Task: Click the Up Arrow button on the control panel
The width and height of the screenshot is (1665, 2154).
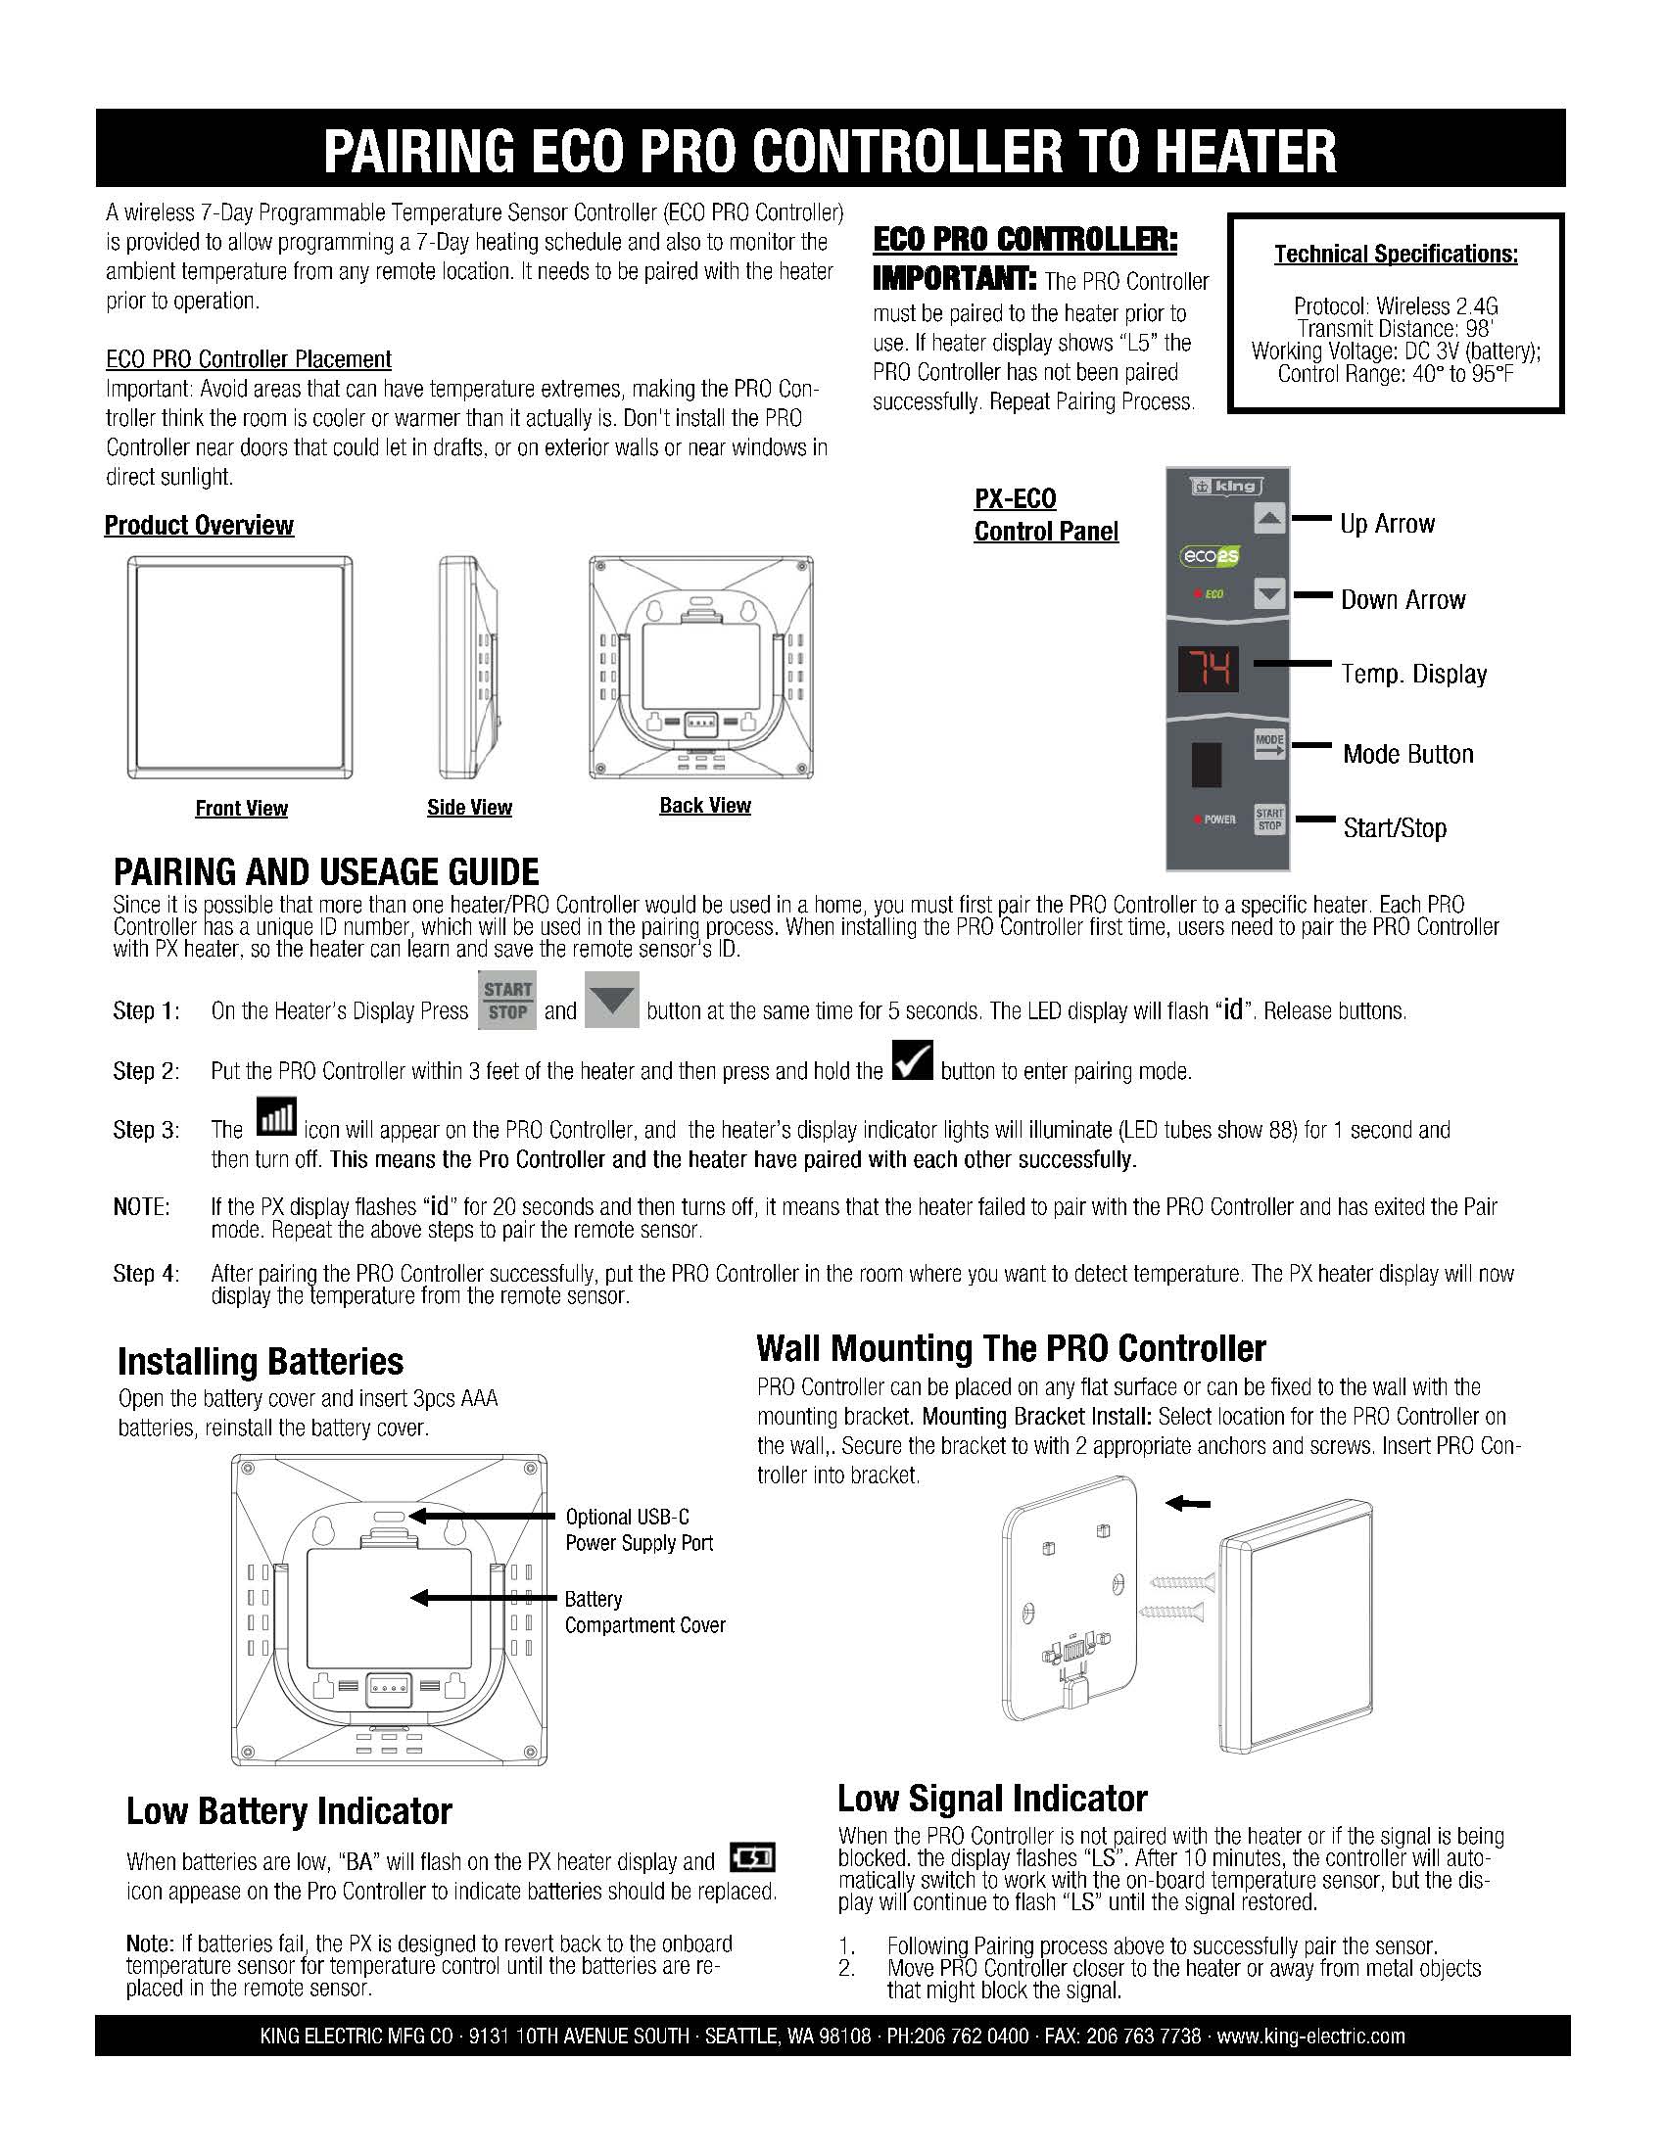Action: point(1269,518)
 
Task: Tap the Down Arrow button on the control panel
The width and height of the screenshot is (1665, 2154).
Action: point(1269,593)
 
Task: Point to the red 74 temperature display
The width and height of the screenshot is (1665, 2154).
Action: point(1209,670)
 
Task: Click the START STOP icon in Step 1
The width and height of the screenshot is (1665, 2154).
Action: point(507,1000)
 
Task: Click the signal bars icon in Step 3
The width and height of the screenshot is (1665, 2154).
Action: point(276,1116)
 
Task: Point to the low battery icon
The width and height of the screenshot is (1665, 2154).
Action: point(752,1857)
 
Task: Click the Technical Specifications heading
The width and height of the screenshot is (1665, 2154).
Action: point(1396,255)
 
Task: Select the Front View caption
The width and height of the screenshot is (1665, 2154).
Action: point(242,809)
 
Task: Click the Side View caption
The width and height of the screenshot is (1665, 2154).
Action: point(469,808)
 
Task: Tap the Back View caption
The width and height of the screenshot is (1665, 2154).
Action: point(705,806)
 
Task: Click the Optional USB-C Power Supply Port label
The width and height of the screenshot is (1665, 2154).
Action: point(640,1529)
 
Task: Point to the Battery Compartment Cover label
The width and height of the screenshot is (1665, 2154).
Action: point(645,1612)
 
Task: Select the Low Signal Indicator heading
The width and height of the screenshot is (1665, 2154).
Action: point(992,1798)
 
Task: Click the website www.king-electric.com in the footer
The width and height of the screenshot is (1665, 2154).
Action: point(1310,2036)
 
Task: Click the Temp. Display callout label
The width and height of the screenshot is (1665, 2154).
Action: point(1413,675)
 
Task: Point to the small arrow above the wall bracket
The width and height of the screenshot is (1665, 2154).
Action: point(1189,1503)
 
